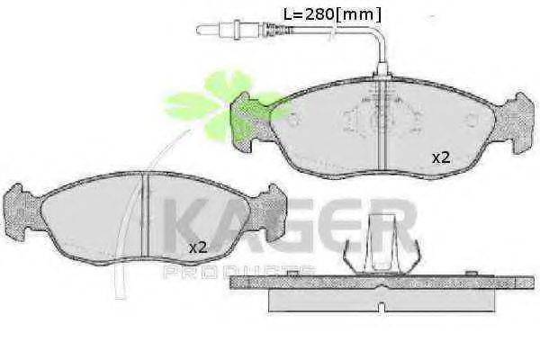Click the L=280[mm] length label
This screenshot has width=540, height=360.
332,14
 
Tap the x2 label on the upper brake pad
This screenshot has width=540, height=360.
440,157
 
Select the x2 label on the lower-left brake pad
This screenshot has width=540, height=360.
197,247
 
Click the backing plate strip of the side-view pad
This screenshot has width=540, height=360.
378,282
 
